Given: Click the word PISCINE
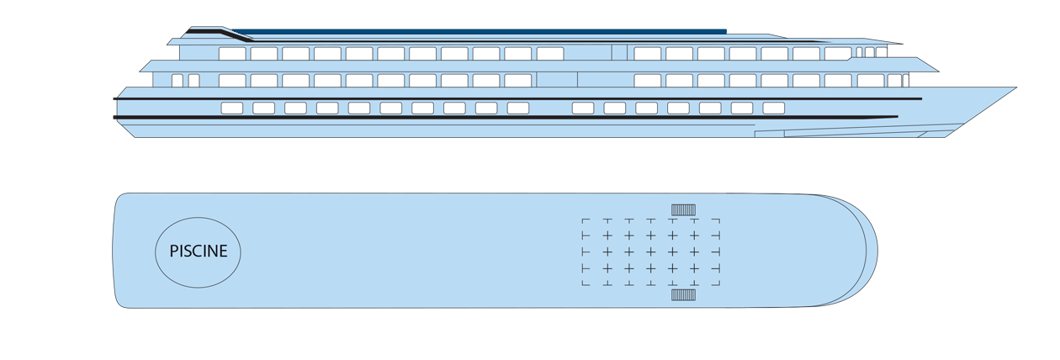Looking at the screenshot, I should pyautogui.click(x=199, y=251).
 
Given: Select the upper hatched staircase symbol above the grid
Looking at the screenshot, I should pyautogui.click(x=683, y=209).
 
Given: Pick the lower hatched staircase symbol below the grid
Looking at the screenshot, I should pyautogui.click(x=683, y=295).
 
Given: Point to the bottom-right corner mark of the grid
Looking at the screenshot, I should pyautogui.click(x=716, y=284).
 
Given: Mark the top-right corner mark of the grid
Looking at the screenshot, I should pyautogui.click(x=716, y=220).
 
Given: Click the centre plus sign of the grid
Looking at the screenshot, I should pyautogui.click(x=650, y=251).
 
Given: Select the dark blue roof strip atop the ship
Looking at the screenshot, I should pyautogui.click(x=480, y=32).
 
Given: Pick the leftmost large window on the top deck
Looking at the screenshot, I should pyautogui.click(x=232, y=54).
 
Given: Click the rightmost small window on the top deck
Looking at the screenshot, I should pyautogui.click(x=881, y=52).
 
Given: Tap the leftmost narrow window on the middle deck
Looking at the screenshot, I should pyautogui.click(x=177, y=81).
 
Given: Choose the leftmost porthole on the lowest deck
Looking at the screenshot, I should pyautogui.click(x=231, y=109).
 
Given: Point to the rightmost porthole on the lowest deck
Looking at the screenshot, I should pyautogui.click(x=773, y=109).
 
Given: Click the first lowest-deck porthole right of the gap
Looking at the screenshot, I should pyautogui.click(x=582, y=109).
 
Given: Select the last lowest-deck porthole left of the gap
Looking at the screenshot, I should pyautogui.click(x=517, y=109).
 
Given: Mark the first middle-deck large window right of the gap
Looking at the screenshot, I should pyautogui.click(x=647, y=81).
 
